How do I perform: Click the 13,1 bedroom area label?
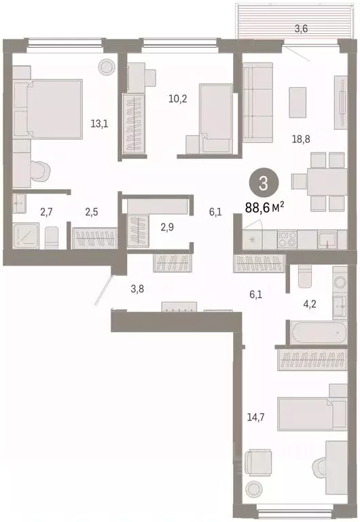pyautogui.click(x=99, y=124)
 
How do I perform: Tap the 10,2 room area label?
pyautogui.click(x=179, y=97)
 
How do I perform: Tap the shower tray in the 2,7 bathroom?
pyautogui.click(x=29, y=235)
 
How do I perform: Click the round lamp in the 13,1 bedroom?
pyautogui.click(x=107, y=66)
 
